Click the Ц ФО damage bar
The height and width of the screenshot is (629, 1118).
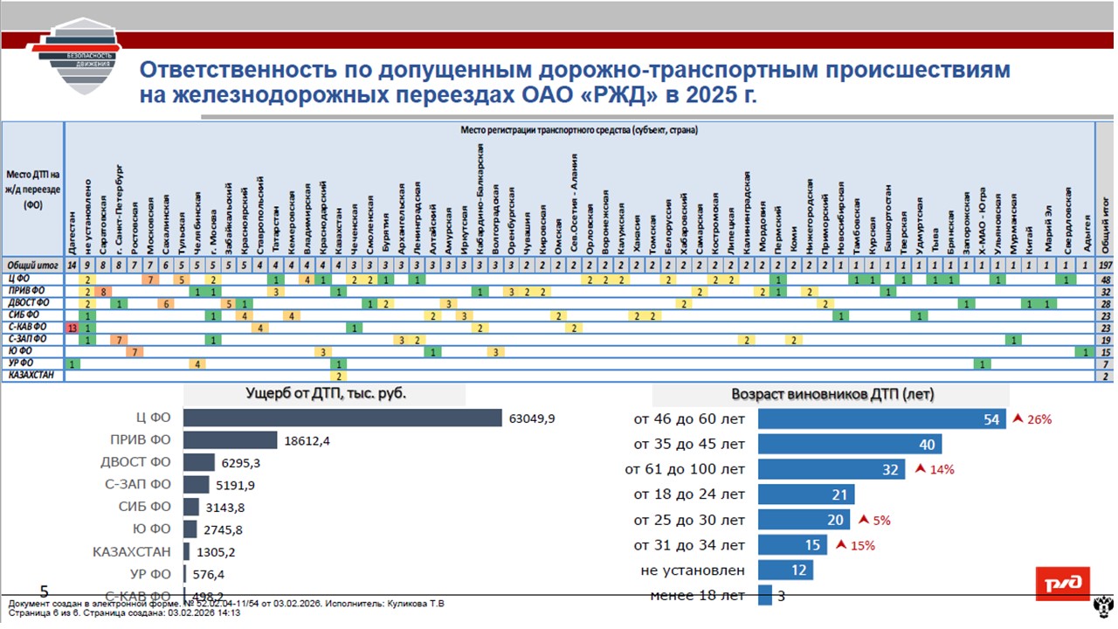tap(342, 418)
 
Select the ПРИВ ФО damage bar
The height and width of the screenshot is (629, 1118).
tap(231, 440)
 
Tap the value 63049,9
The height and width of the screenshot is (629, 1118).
tap(532, 418)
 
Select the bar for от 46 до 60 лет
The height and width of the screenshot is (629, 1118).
tap(881, 419)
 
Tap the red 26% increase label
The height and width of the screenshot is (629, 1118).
tap(1032, 419)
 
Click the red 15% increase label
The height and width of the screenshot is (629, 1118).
tap(856, 546)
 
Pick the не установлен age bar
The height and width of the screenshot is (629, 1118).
tap(785, 570)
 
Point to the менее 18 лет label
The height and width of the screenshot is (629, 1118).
tap(698, 596)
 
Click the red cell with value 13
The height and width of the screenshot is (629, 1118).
tap(72, 327)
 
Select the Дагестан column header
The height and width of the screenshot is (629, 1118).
tap(72, 231)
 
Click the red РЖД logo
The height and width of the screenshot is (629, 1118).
tap(1062, 584)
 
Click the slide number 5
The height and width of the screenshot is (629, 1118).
tap(45, 591)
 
